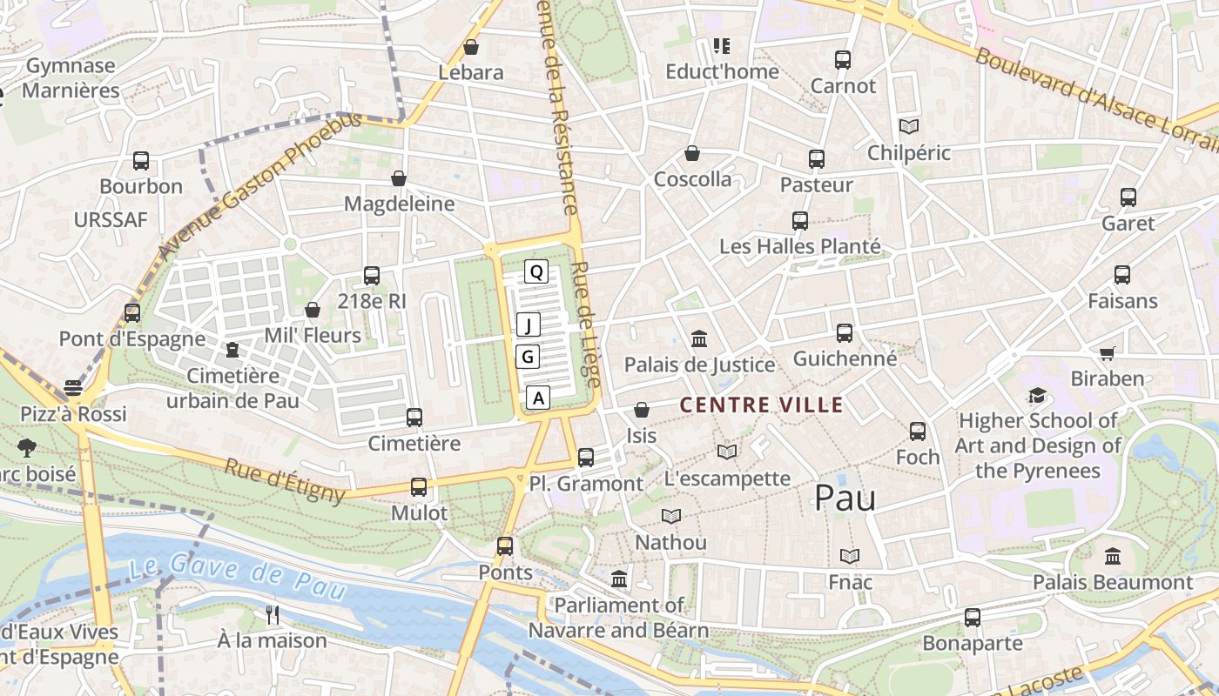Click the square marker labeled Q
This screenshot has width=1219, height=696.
(536, 272)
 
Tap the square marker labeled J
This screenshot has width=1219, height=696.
(529, 325)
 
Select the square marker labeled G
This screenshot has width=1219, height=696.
(528, 357)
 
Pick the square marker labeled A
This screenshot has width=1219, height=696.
(539, 398)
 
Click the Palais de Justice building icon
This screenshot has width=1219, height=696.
(699, 338)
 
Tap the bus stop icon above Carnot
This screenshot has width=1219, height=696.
(842, 60)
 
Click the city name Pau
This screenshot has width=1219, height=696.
(845, 497)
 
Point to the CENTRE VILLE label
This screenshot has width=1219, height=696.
(761, 405)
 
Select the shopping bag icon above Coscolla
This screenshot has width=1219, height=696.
(692, 153)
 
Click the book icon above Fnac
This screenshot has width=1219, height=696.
(850, 556)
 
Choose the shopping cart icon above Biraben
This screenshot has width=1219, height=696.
(1107, 353)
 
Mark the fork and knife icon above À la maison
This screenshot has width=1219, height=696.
(273, 615)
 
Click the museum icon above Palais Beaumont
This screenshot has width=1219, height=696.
(1113, 556)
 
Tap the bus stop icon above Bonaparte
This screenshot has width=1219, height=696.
(973, 618)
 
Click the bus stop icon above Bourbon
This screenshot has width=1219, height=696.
(141, 161)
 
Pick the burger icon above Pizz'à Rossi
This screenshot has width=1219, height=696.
(73, 388)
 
